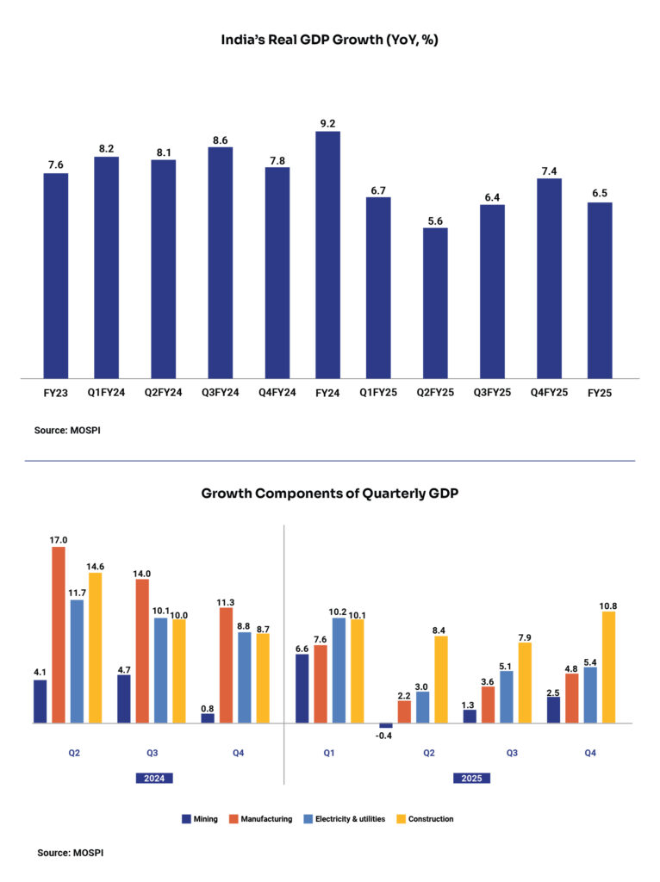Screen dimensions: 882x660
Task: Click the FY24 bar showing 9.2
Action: tap(327, 254)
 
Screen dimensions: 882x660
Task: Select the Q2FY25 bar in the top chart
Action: tap(435, 302)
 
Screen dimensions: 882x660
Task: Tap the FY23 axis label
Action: tap(56, 392)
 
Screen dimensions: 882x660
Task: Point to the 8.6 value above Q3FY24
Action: tap(220, 138)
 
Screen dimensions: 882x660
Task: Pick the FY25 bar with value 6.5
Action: tap(600, 289)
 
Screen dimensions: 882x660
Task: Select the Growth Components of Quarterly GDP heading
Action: tap(331, 494)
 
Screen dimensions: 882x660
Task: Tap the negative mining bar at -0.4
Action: tap(385, 726)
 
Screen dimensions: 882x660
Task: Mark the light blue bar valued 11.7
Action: tap(77, 661)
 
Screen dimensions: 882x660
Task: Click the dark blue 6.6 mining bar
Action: tap(302, 688)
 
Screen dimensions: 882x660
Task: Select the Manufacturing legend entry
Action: tap(261, 819)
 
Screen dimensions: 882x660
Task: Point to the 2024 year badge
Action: tap(155, 778)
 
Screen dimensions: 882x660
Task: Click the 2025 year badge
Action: tap(472, 778)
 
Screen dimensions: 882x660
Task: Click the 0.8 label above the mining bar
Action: tap(208, 705)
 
